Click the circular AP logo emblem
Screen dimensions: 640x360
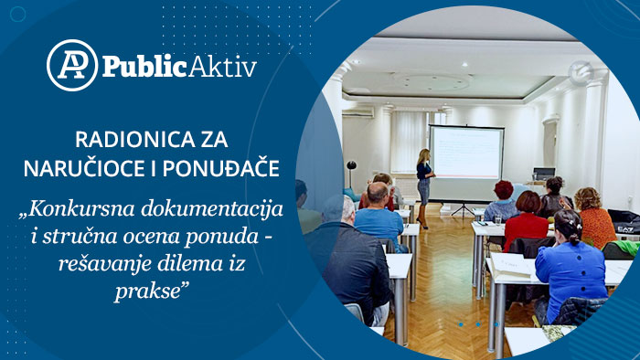72,65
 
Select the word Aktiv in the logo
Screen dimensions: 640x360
223,66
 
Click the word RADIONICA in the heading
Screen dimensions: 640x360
130,140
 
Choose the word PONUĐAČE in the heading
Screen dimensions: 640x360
221,169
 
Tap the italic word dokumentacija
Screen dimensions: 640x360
212,209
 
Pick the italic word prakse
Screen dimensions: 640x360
151,291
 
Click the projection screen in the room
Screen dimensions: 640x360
466,153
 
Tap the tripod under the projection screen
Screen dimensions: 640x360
463,208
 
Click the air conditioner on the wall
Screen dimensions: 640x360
358,111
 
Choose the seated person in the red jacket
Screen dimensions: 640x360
525,222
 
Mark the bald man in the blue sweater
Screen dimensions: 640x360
379,216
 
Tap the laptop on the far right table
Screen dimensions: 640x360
544,174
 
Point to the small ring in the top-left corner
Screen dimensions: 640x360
17,15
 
